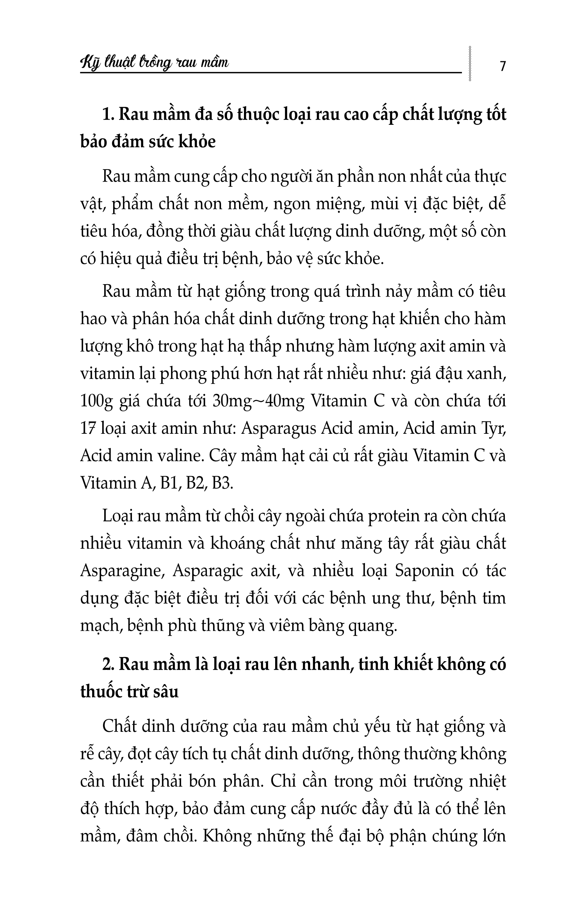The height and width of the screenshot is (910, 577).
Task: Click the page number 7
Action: click(502, 66)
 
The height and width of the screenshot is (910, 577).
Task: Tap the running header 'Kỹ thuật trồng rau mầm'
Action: click(154, 63)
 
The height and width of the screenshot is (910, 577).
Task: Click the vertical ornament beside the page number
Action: click(470, 64)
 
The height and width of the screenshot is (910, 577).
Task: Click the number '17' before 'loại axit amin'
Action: click(88, 429)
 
